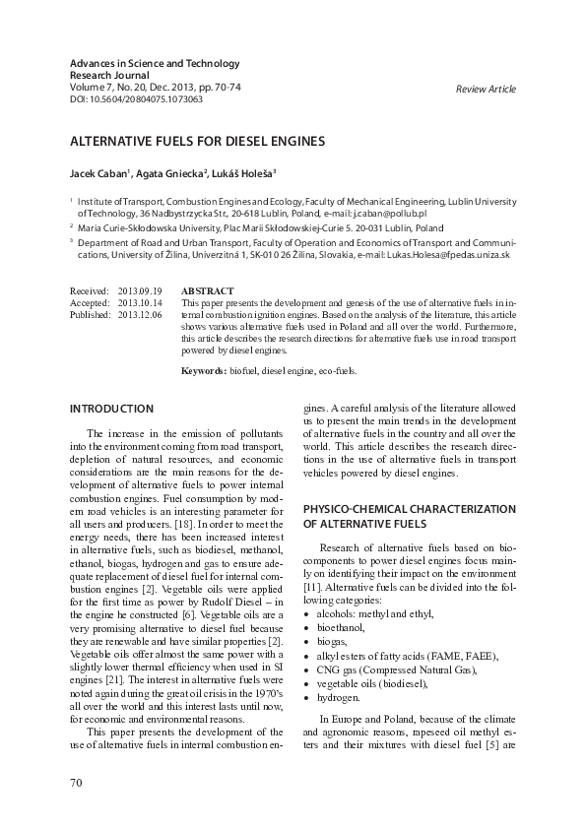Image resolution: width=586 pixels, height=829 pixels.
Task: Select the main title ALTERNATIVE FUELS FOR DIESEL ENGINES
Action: (x=196, y=141)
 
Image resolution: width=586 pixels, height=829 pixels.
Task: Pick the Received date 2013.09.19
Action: (x=139, y=291)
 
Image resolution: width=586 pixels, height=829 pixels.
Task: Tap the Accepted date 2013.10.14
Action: (x=139, y=303)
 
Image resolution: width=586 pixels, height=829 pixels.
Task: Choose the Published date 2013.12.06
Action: (x=139, y=315)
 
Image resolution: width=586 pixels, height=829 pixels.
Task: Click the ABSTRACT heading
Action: (x=208, y=291)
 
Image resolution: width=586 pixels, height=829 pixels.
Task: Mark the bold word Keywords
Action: (x=203, y=370)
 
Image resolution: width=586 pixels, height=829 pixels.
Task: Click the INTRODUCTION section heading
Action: (x=111, y=409)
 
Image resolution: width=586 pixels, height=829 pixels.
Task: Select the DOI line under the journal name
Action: (x=137, y=99)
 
